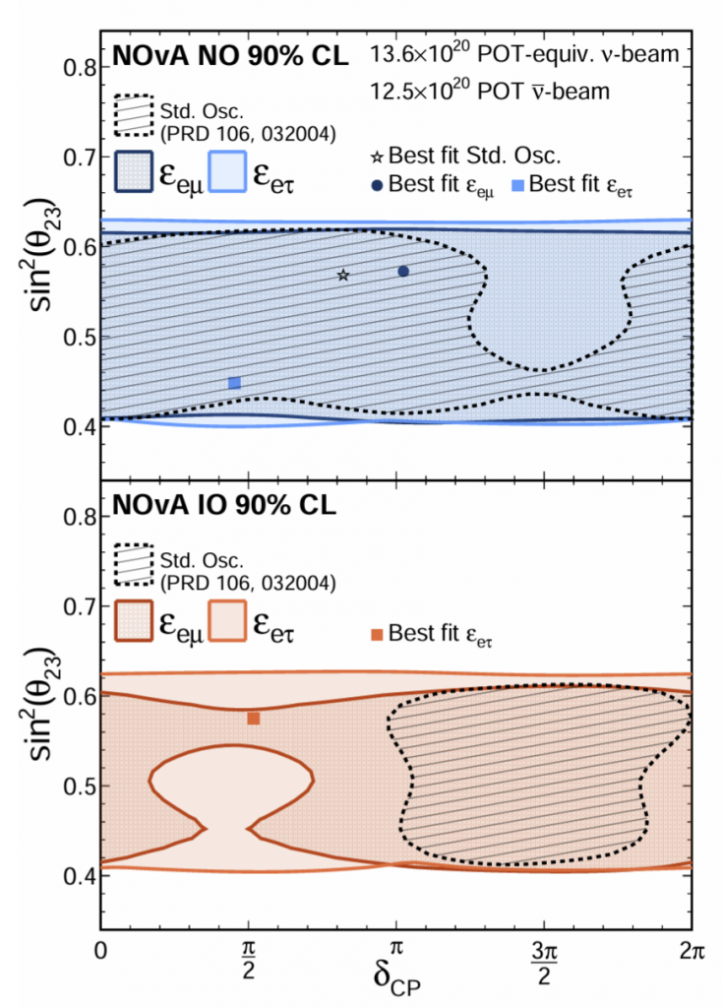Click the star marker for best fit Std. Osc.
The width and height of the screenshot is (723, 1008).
[x=343, y=275]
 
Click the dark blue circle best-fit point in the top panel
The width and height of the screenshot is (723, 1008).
[x=403, y=271]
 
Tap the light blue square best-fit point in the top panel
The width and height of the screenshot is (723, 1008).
[x=234, y=383]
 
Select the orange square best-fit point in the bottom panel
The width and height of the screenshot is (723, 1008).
[x=253, y=719]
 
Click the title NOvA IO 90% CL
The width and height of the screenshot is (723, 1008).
[x=224, y=507]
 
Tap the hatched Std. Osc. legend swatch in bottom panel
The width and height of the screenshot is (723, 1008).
[x=136, y=563]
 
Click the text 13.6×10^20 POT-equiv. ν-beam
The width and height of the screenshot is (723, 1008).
[x=524, y=55]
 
